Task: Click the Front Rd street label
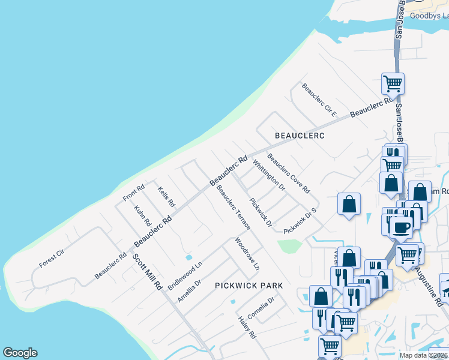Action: point(133,193)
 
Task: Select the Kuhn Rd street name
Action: point(142,216)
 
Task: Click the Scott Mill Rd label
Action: point(147,271)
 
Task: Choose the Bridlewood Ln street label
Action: point(185,275)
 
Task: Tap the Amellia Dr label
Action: point(188,290)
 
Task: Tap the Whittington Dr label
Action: point(268,175)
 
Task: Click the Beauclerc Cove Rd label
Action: point(289,173)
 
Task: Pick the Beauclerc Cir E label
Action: point(319,100)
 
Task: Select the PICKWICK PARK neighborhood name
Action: point(249,286)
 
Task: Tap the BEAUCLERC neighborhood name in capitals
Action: point(300,136)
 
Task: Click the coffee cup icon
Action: point(401,227)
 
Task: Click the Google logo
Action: point(20,353)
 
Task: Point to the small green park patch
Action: point(290,245)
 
